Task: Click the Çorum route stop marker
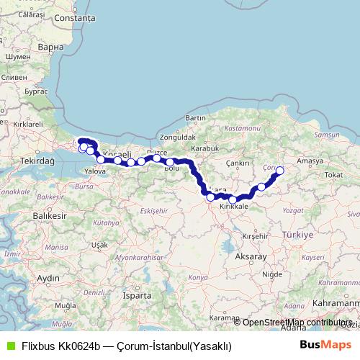pos(280,171)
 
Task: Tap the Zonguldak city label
pos(178,136)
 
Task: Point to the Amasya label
pos(310,161)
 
